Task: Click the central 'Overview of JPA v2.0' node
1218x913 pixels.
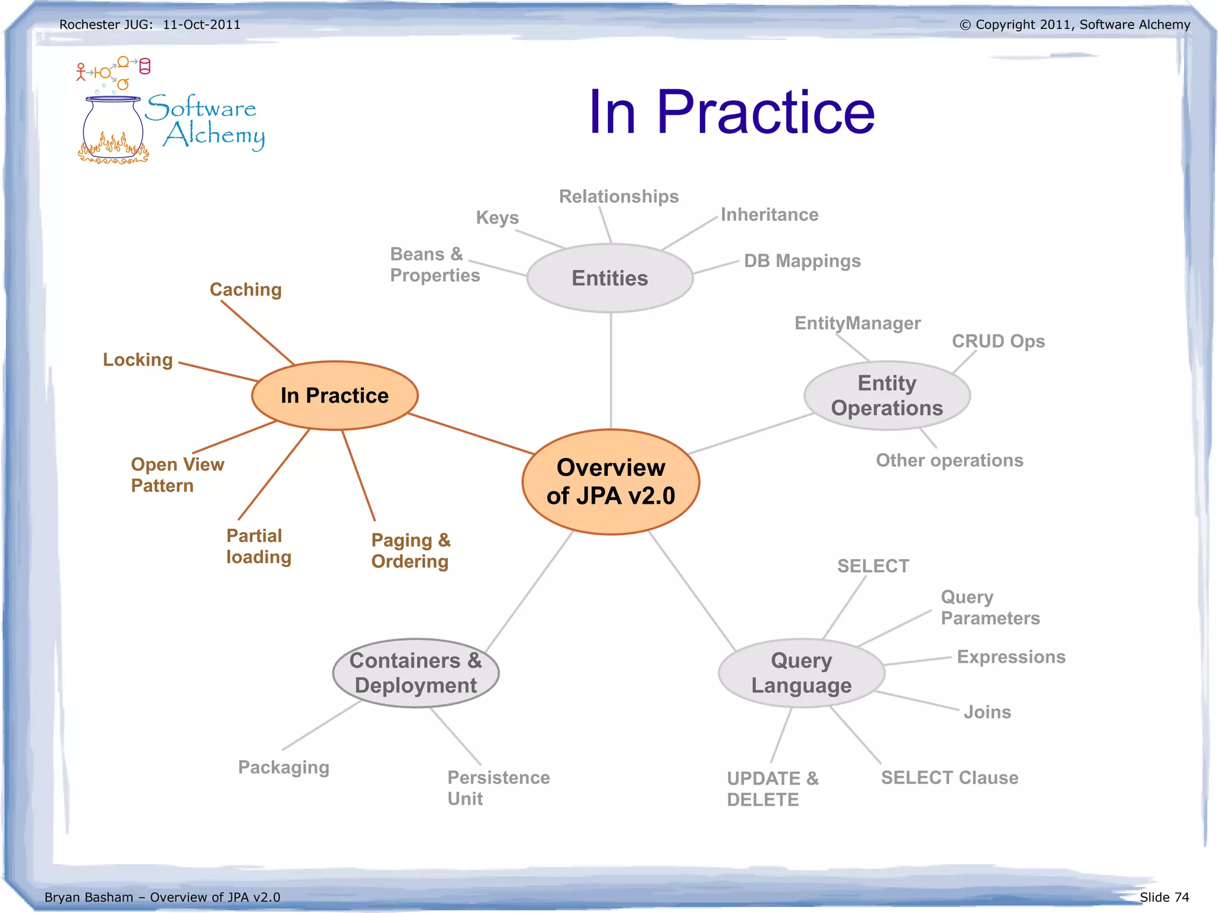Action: click(x=611, y=482)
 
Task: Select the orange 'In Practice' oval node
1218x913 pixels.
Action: click(x=335, y=396)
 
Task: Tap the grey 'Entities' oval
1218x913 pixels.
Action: click(x=610, y=278)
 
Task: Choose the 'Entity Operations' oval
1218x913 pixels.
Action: click(x=887, y=396)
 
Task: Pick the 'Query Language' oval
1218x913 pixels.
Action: click(x=801, y=673)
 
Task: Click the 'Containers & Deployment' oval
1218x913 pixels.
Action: click(x=416, y=673)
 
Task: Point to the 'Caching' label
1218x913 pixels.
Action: click(x=246, y=290)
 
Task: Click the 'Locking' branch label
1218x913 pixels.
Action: click(x=138, y=360)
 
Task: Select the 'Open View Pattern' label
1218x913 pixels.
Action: click(x=177, y=475)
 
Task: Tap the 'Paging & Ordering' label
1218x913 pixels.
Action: click(x=410, y=551)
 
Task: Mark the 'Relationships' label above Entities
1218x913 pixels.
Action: click(x=619, y=196)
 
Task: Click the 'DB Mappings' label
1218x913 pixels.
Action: click(x=802, y=261)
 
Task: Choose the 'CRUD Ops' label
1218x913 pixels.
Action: click(x=998, y=341)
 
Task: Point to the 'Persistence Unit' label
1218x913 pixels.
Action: click(x=498, y=787)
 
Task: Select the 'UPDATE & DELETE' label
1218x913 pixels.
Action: click(x=773, y=789)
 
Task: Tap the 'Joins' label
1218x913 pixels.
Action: click(x=987, y=712)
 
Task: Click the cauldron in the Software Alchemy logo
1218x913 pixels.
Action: click(x=113, y=130)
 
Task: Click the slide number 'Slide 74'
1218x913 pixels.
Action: click(x=1164, y=897)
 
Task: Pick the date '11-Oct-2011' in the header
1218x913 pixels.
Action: click(x=202, y=25)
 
